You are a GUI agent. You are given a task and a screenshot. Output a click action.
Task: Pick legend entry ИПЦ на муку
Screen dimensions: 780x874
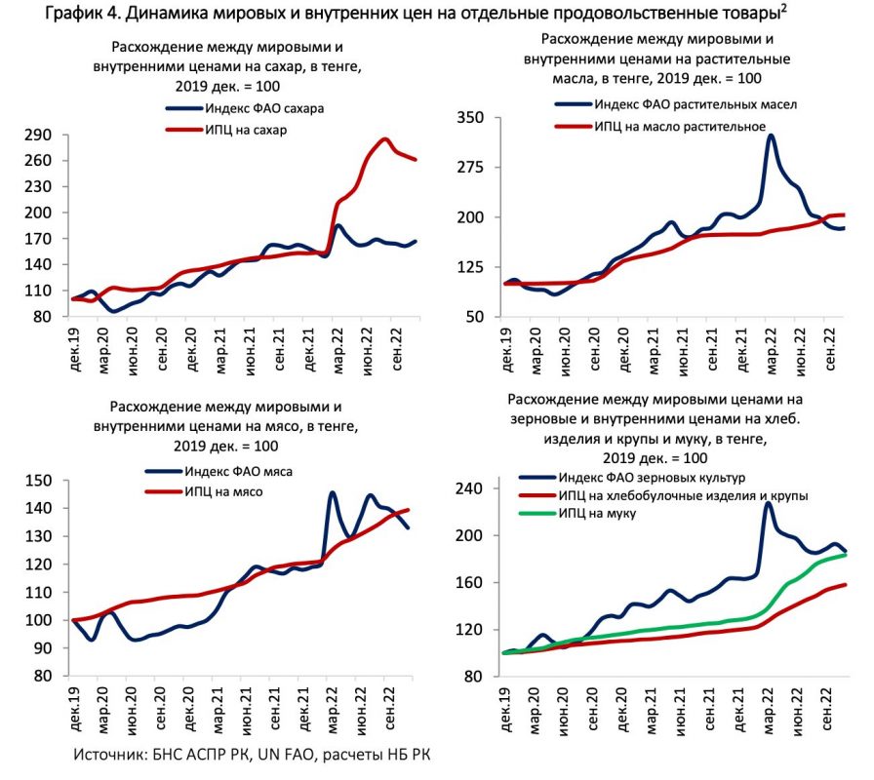pos(604,513)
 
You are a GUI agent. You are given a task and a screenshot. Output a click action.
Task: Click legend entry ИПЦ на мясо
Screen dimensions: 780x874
pos(223,490)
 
